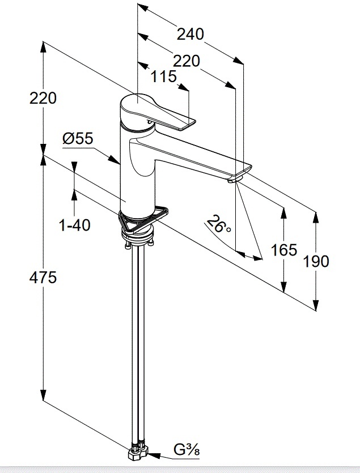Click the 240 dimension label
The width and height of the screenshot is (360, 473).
click(190, 34)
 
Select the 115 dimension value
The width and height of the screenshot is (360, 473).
click(163, 76)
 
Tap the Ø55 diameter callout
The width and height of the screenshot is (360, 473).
click(78, 138)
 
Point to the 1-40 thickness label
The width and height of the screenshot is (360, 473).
click(75, 225)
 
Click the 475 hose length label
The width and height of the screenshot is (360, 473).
click(43, 277)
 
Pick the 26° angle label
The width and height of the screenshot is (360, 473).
click(219, 224)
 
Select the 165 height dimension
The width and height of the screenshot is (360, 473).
click(283, 250)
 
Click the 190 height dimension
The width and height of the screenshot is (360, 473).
click(316, 261)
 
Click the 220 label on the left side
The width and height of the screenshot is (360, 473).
click(43, 98)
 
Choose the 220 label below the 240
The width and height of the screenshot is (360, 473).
click(187, 61)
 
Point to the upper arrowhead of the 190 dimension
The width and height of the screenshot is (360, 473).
click(316, 218)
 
